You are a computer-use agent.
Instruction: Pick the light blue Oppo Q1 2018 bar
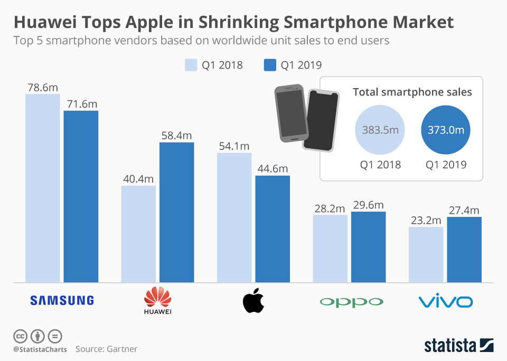point(330,248)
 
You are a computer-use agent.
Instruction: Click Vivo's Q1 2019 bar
point(464,249)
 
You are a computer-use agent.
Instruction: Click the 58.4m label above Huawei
point(177,136)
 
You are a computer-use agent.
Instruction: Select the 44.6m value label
point(273,169)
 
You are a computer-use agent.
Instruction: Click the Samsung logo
point(62,300)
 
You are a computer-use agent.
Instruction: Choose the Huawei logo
point(158,300)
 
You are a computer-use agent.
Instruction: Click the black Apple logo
point(253,301)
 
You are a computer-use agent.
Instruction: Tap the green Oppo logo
point(351,302)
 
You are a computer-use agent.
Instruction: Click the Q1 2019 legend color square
point(270,65)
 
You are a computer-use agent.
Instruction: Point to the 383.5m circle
point(380,130)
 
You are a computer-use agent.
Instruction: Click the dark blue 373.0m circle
point(446,130)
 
